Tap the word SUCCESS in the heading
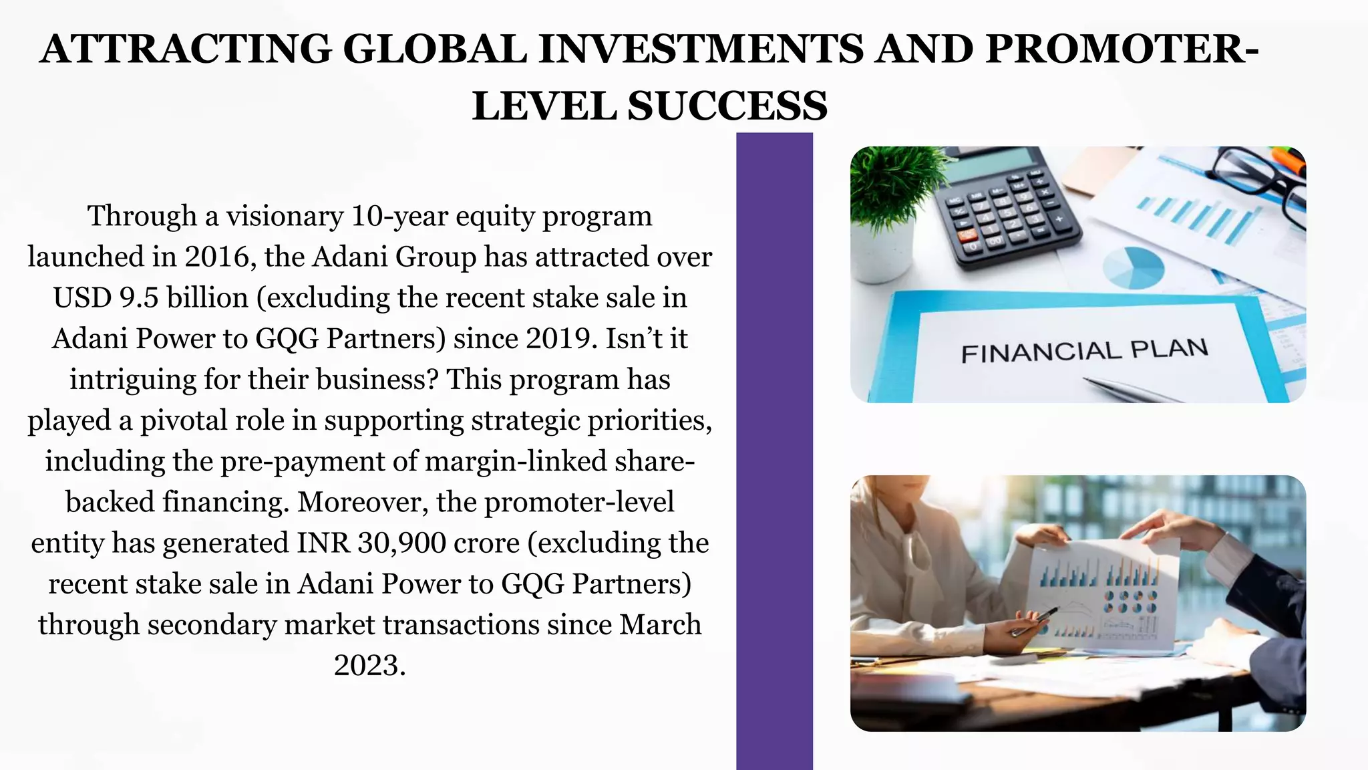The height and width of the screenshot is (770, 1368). [x=727, y=106]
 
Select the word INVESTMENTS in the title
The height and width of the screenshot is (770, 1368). [x=701, y=49]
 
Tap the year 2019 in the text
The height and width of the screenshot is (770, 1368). [x=561, y=339]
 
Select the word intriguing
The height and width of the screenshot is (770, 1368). [x=133, y=380]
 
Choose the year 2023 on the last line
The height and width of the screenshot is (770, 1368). [x=369, y=666]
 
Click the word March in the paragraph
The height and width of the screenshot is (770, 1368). [x=660, y=625]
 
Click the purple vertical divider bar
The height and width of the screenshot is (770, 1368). [x=774, y=451]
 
